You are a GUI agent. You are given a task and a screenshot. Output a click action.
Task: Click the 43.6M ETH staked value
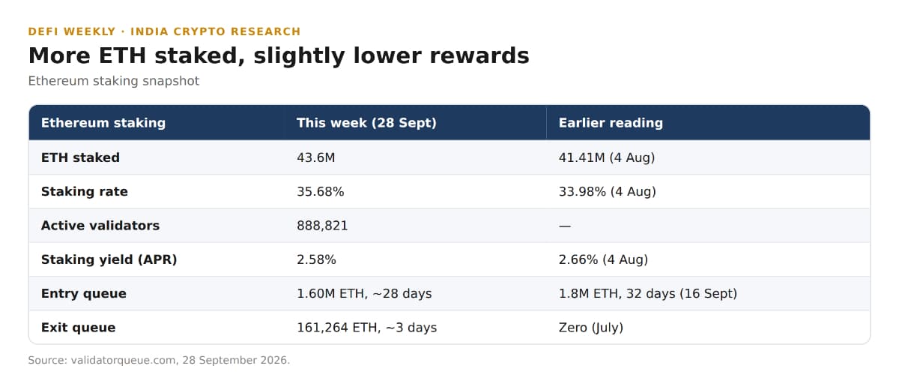[316, 157]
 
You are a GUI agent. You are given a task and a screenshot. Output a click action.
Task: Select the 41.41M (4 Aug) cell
[607, 157]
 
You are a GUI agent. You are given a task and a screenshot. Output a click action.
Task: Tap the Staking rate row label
[84, 192]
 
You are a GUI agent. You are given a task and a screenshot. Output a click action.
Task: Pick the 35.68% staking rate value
[321, 192]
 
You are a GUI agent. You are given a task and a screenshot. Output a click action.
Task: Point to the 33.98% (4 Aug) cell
[608, 192]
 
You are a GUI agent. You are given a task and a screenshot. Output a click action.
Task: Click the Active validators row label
[100, 226]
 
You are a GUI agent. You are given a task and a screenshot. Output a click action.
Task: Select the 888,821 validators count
[322, 226]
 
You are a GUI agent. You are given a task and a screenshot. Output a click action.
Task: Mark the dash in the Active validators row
[565, 226]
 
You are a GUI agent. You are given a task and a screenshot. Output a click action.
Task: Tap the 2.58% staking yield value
[316, 259]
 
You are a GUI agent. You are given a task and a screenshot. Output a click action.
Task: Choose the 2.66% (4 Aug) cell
[603, 259]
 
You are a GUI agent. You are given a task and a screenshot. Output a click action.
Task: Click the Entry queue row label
[83, 294]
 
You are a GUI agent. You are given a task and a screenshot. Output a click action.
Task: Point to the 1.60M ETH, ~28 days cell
[364, 294]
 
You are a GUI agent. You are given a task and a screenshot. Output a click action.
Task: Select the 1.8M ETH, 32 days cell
[648, 294]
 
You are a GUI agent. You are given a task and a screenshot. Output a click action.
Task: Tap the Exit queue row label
[78, 328]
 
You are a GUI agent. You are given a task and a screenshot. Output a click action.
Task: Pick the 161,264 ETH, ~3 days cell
[367, 328]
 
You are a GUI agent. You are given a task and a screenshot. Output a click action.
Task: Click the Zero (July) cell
[591, 328]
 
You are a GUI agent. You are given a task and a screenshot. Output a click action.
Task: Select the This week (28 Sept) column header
[366, 123]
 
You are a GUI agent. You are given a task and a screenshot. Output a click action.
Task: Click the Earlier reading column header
[611, 123]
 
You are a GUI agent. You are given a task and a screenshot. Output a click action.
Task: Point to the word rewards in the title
[479, 55]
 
